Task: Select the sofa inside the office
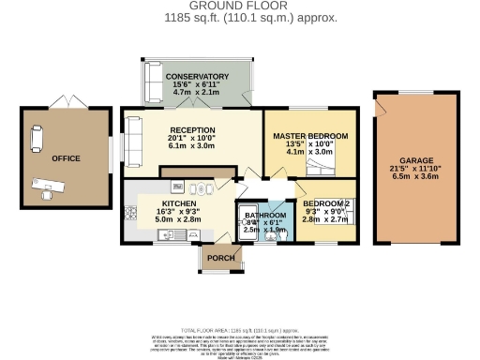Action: coord(36,138)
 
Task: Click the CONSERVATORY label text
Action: coord(197,76)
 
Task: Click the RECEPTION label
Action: coord(192,130)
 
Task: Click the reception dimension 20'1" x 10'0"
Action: coord(192,141)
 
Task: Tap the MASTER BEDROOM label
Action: coord(309,136)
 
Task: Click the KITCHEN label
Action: coord(178,203)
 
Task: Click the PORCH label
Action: coord(220,259)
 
